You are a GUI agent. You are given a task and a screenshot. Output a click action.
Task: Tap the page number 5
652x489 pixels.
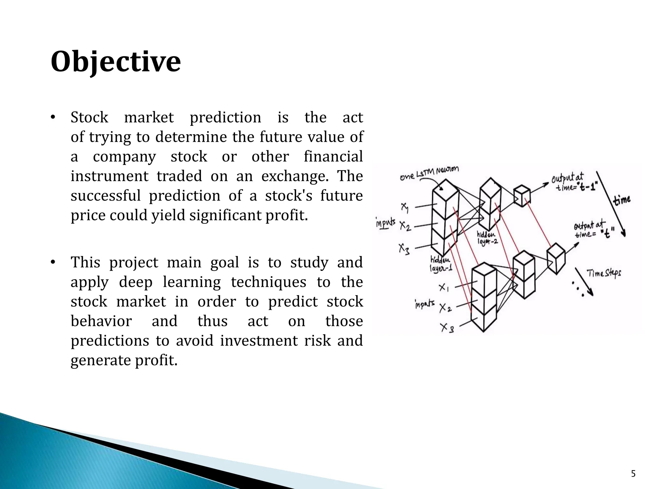633,474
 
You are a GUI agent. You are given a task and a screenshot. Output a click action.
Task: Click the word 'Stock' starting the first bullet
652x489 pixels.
89,117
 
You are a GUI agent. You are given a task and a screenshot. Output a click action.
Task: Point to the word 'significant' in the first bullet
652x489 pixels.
226,216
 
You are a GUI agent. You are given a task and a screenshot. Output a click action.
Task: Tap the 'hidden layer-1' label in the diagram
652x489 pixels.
441,264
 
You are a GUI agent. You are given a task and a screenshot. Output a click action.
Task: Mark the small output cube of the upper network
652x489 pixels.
522,195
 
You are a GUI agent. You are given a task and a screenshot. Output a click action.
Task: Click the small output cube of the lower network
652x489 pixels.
556,258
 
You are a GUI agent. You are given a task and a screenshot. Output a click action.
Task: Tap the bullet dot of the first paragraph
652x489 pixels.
53,118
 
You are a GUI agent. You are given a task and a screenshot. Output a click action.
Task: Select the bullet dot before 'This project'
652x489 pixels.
53,263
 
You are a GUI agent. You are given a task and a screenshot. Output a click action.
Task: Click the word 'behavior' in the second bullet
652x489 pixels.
101,321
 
